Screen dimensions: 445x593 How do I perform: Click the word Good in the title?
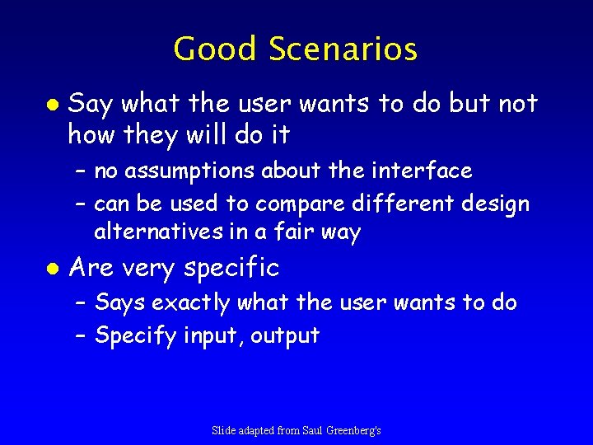[x=214, y=49]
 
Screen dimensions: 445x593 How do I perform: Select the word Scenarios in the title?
[x=343, y=49]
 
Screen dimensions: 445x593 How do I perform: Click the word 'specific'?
[x=231, y=269]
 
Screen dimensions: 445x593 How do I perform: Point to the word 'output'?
[x=285, y=335]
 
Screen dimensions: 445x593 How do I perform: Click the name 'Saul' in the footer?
[x=304, y=430]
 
